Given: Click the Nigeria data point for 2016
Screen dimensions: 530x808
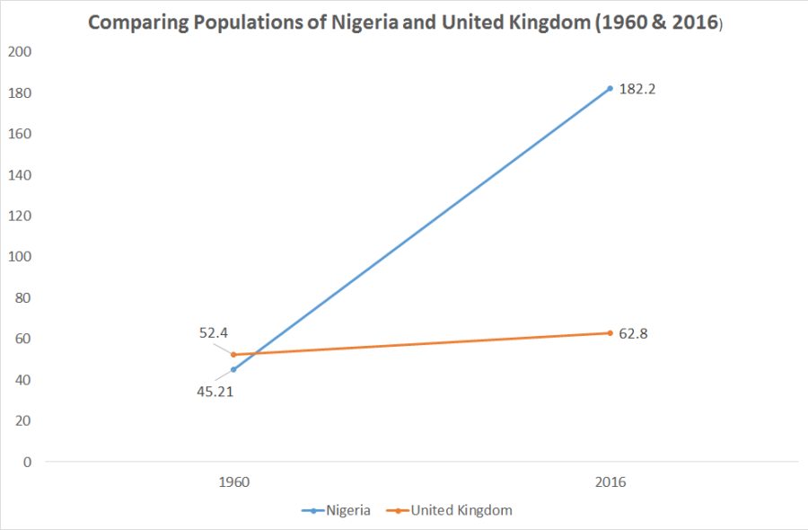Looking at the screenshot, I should pyautogui.click(x=610, y=88).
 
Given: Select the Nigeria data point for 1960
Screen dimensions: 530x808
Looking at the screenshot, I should pyautogui.click(x=233, y=369).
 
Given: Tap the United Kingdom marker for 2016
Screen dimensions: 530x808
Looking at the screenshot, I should pyautogui.click(x=610, y=333).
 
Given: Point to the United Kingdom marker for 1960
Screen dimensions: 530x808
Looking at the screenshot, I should pyautogui.click(x=233, y=354).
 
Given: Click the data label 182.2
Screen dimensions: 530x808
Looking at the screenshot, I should pyautogui.click(x=637, y=89).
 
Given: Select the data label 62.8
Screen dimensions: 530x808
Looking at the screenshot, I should pyautogui.click(x=634, y=334).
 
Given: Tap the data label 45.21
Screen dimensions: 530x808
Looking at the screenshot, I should pyautogui.click(x=216, y=391).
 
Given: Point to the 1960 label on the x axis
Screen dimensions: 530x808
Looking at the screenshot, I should pyautogui.click(x=233, y=482).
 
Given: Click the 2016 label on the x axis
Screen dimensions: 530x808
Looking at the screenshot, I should pyautogui.click(x=610, y=482).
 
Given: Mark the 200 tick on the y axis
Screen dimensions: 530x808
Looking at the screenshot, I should pyautogui.click(x=20, y=52).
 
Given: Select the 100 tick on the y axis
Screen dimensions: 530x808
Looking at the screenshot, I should pyautogui.click(x=20, y=257).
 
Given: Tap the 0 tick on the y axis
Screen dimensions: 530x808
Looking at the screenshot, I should pyautogui.click(x=27, y=462).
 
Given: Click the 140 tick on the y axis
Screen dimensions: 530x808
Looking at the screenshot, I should pyautogui.click(x=20, y=175).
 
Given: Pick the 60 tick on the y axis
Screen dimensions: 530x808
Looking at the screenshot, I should pyautogui.click(x=23, y=339).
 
